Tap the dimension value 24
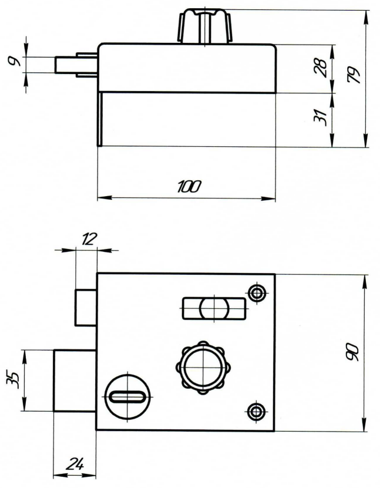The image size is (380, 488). (73, 464)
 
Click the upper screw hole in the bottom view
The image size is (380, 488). (255, 292)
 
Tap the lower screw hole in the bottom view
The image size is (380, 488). (255, 410)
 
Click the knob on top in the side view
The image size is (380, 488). (201, 27)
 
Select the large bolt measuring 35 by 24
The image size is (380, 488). (75, 381)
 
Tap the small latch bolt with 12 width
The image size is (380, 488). (85, 306)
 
